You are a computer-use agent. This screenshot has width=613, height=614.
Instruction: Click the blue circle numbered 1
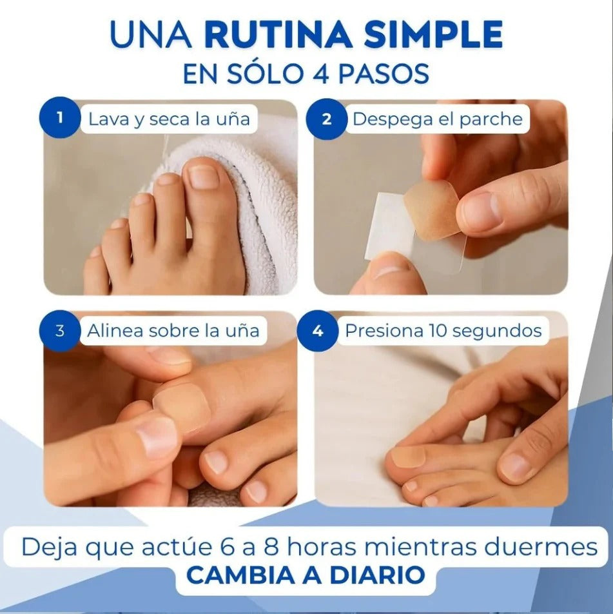pos(59,117)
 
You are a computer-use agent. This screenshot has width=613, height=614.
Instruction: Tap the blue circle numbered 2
pos(326,119)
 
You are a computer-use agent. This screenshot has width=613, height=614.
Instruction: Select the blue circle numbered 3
pos(59,331)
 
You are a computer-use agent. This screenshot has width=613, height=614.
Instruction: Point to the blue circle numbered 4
pos(318,331)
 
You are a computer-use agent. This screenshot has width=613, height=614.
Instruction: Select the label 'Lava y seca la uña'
pos(169,119)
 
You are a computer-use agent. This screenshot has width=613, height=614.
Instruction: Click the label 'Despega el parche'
pos(438,119)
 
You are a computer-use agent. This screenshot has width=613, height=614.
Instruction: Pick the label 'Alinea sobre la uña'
pos(173,331)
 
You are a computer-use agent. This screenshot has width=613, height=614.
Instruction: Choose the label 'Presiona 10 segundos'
pos(443,331)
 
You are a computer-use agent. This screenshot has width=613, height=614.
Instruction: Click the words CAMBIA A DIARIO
pos(306,575)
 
